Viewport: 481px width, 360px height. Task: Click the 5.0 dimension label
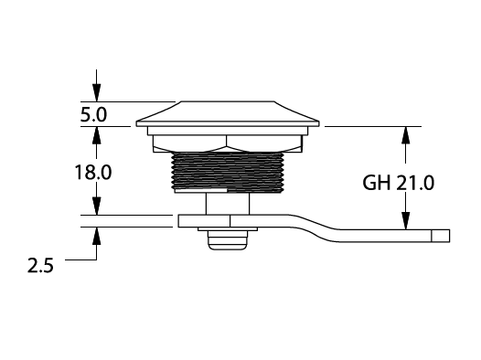(93, 115)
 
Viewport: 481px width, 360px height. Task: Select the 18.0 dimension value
(93, 172)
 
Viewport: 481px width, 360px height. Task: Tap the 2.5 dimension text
(40, 265)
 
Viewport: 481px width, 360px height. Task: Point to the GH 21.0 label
(398, 183)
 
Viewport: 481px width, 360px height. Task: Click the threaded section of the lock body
(227, 171)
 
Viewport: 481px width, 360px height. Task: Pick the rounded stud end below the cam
(228, 240)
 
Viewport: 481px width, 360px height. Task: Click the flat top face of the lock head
(227, 101)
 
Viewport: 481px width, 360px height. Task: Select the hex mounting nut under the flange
(228, 143)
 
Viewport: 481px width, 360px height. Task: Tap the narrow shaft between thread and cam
(228, 204)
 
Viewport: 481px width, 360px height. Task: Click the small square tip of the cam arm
(441, 236)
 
